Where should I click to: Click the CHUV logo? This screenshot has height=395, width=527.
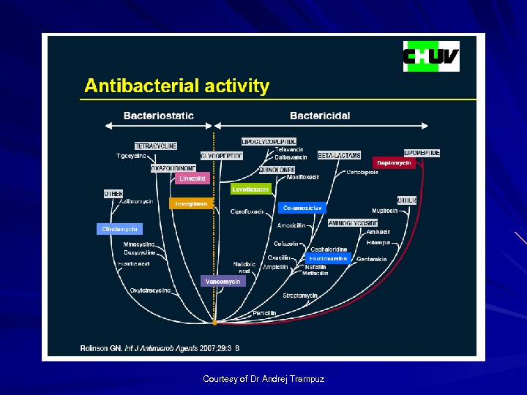(x=431, y=56)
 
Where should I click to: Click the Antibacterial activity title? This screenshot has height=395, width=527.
(x=176, y=86)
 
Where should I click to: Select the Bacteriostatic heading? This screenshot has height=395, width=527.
(x=159, y=116)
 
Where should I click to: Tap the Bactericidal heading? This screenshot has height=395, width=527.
(x=320, y=116)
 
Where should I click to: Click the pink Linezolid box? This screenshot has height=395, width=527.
(x=193, y=178)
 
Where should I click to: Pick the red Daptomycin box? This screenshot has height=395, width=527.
(x=394, y=162)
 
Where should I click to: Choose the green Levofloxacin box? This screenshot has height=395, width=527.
(x=250, y=189)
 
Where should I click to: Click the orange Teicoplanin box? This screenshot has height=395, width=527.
(x=191, y=203)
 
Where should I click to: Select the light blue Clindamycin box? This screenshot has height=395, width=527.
(x=119, y=229)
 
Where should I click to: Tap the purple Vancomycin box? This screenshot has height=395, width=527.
(x=223, y=281)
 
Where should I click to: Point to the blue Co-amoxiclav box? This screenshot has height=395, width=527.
(x=302, y=208)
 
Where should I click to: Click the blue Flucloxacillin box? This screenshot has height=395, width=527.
(x=329, y=258)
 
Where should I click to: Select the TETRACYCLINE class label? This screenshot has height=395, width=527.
(x=155, y=146)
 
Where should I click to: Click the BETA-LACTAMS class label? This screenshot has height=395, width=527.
(x=339, y=156)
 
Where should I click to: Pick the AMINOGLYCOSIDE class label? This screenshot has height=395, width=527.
(x=353, y=223)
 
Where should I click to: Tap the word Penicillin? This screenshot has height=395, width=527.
(x=264, y=313)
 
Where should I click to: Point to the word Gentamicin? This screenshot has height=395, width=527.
(x=372, y=259)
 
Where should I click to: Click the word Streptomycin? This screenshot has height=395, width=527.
(x=300, y=296)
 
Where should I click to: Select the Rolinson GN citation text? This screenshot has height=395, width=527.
(x=160, y=348)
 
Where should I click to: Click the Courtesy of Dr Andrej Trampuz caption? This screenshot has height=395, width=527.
(x=263, y=379)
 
